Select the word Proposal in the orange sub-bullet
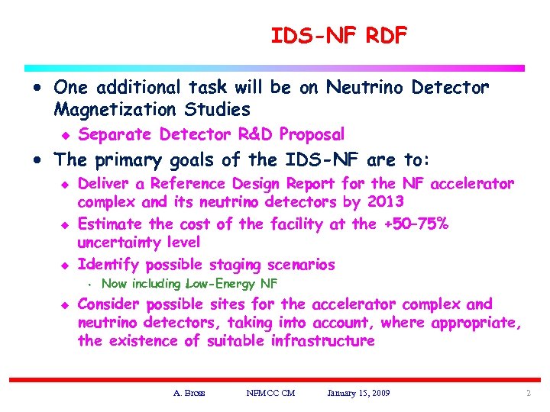tap(312, 135)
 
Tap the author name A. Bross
tap(189, 393)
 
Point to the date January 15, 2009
tap(358, 393)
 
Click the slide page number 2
tap(528, 393)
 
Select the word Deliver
tap(103, 184)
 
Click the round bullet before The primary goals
tap(37, 161)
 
